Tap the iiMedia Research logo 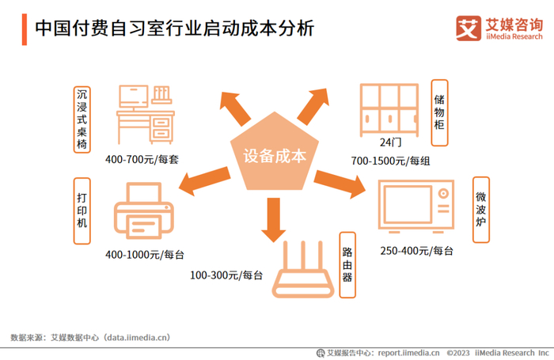[499, 28]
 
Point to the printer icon [143, 210]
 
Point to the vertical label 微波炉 [480, 207]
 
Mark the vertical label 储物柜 [439, 112]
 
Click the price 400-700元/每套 [142, 160]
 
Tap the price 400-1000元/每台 [145, 254]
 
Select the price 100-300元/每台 [226, 275]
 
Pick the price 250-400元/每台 [416, 251]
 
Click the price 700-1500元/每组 [391, 161]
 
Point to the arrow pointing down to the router [274, 219]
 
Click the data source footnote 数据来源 [90, 336]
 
